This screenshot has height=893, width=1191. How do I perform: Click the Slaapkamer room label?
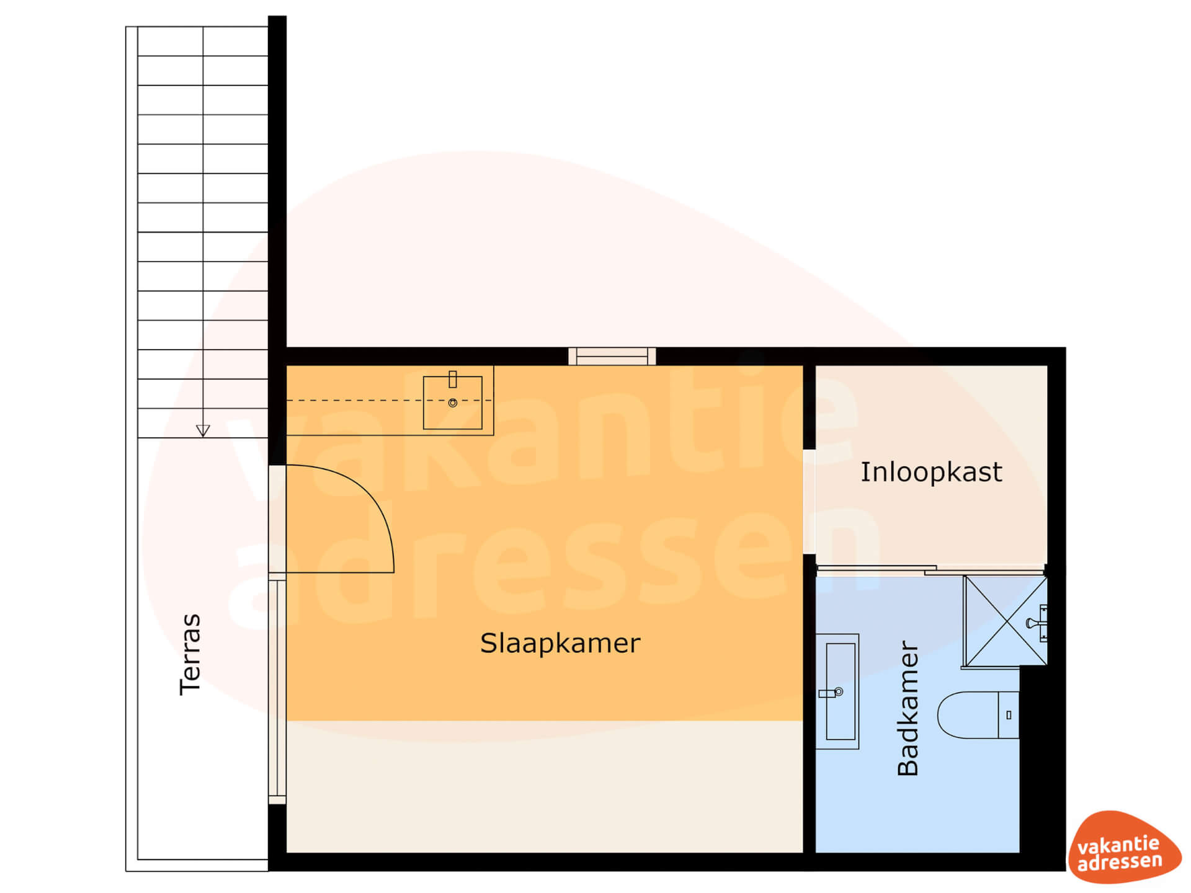[560, 644]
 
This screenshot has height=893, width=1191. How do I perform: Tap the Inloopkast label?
[931, 472]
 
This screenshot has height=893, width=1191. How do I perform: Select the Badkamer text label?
[908, 708]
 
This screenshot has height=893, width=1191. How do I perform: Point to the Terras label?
[190, 654]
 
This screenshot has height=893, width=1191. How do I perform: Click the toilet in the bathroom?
[978, 715]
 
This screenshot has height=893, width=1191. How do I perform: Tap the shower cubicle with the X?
[1005, 621]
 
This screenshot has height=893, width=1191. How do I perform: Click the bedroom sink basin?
[453, 402]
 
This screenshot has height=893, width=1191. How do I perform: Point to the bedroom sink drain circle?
[453, 403]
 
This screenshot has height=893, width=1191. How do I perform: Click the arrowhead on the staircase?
[203, 430]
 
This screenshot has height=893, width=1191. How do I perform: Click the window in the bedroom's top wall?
[612, 356]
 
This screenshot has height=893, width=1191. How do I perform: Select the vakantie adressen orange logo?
[1123, 847]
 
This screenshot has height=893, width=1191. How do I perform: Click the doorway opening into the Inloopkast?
[809, 501]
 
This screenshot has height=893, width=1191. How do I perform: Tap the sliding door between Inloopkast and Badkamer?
[930, 569]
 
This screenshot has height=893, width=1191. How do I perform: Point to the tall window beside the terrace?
[277, 688]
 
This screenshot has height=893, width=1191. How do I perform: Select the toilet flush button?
[1009, 715]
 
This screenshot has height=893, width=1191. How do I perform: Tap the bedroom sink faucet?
[453, 379]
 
